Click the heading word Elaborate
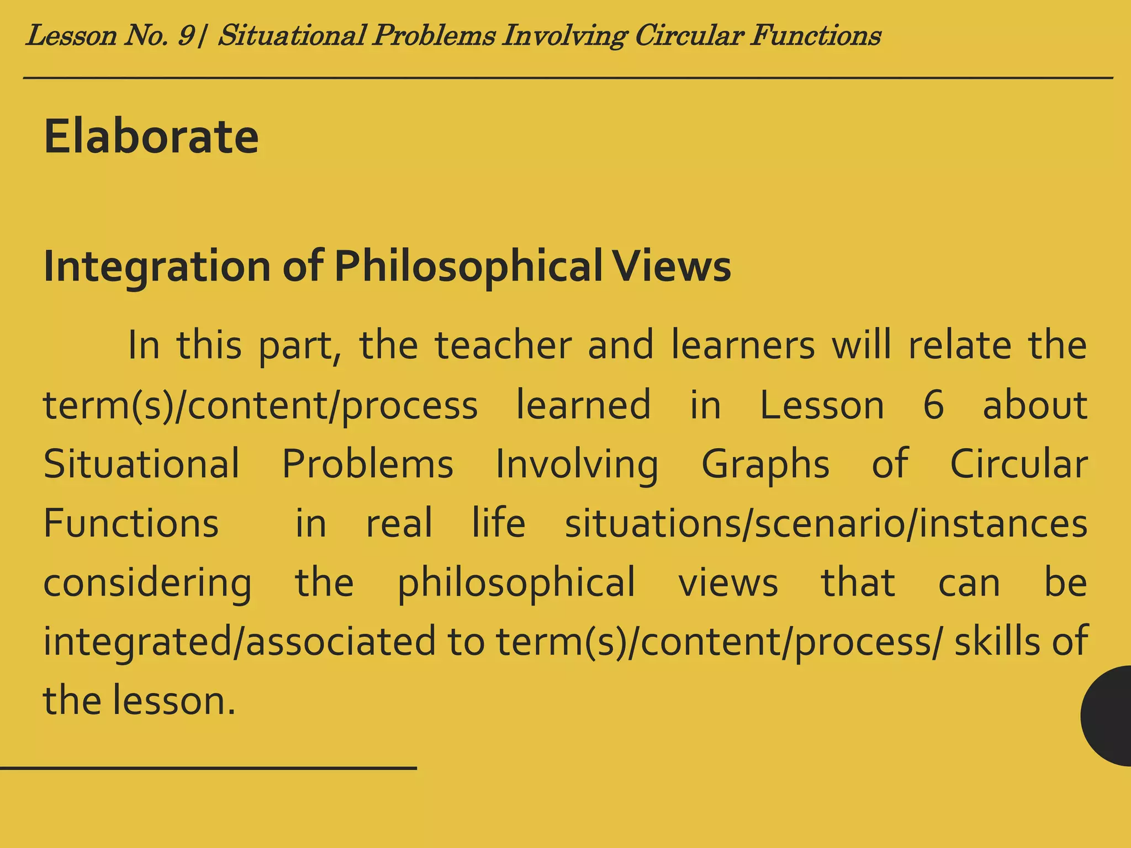click(x=151, y=136)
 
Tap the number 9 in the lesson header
click(x=186, y=36)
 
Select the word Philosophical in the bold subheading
click(x=468, y=267)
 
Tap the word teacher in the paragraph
click(x=503, y=346)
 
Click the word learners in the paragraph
click(x=743, y=346)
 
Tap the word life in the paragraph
click(x=498, y=523)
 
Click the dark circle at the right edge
click(x=1107, y=715)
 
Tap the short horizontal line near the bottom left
click(x=208, y=768)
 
